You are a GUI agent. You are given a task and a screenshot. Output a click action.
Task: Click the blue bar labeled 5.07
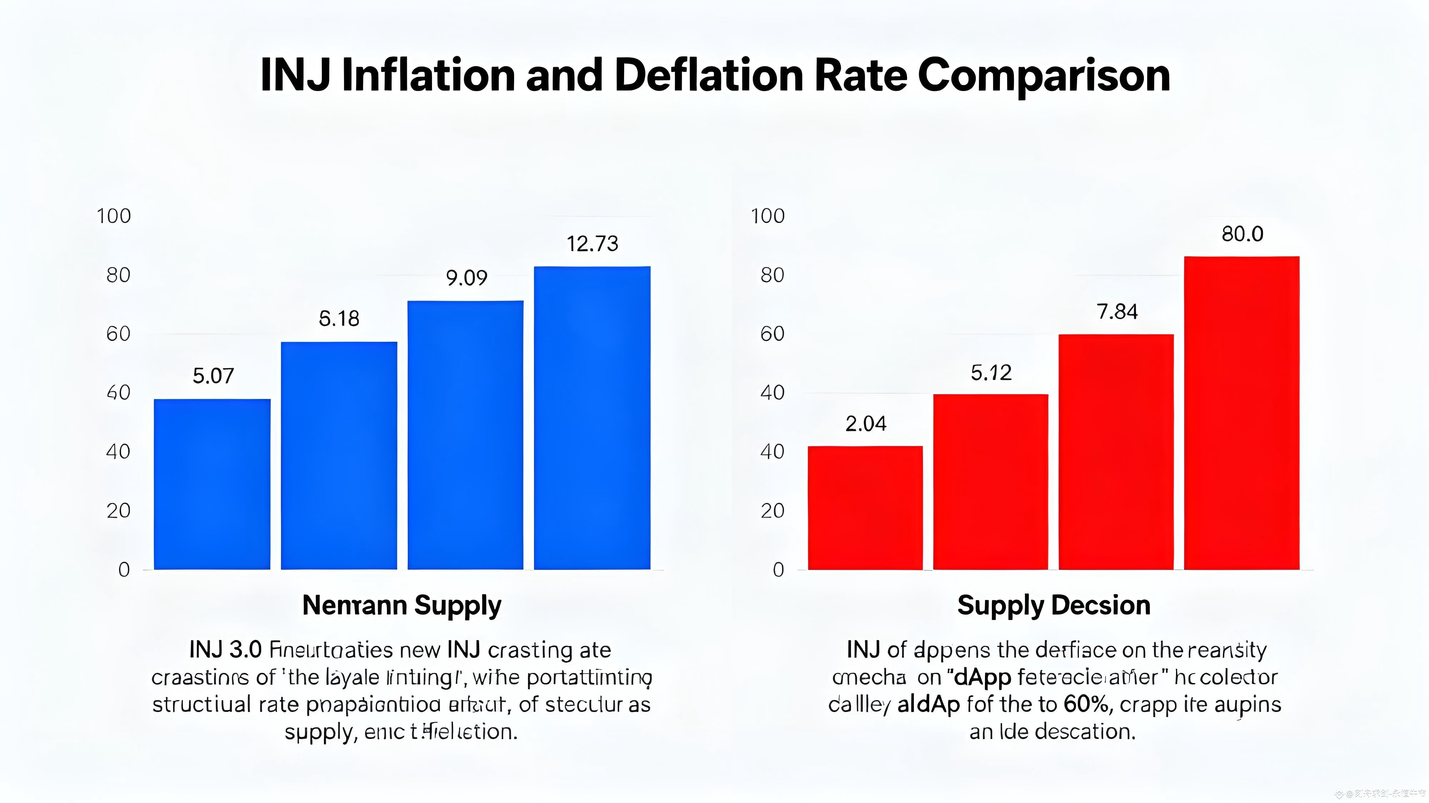[x=212, y=484]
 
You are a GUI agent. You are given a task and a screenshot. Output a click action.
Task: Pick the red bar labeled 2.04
[x=865, y=508]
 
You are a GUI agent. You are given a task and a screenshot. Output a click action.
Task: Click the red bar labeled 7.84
[x=1116, y=452]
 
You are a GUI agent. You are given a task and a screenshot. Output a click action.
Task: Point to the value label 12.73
[x=592, y=244]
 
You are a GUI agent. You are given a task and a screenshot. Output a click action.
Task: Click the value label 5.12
[x=991, y=373]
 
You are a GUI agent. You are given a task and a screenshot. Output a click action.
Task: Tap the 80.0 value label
[x=1242, y=234]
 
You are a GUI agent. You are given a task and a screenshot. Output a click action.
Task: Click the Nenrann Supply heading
[x=402, y=605]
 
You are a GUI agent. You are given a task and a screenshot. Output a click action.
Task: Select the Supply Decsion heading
[x=1054, y=605]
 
